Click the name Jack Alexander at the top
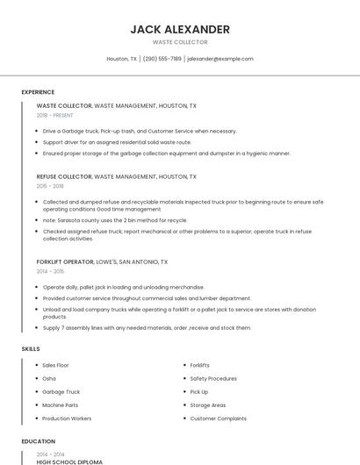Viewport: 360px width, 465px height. (x=180, y=29)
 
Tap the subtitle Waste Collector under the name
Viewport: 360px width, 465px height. (x=180, y=42)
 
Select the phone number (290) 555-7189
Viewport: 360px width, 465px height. (x=162, y=59)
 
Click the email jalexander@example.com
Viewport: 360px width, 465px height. (x=220, y=59)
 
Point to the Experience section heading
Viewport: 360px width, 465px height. (x=38, y=92)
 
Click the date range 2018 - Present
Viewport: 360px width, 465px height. (x=54, y=115)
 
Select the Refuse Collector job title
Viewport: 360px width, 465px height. (x=63, y=176)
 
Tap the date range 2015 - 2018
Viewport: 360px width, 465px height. (x=50, y=186)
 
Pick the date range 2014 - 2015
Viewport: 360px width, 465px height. (x=50, y=271)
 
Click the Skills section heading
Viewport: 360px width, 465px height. (x=31, y=348)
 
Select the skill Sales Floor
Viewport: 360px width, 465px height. (x=55, y=365)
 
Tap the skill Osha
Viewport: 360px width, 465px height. (x=49, y=378)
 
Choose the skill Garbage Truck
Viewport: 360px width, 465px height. (x=61, y=392)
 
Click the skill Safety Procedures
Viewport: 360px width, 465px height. (x=213, y=378)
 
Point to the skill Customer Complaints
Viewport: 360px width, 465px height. (x=218, y=418)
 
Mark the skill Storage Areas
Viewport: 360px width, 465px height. (x=208, y=405)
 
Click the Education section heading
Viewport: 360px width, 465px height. (x=38, y=441)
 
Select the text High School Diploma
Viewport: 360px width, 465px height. (x=69, y=461)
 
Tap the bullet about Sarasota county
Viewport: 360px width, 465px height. (x=115, y=220)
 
